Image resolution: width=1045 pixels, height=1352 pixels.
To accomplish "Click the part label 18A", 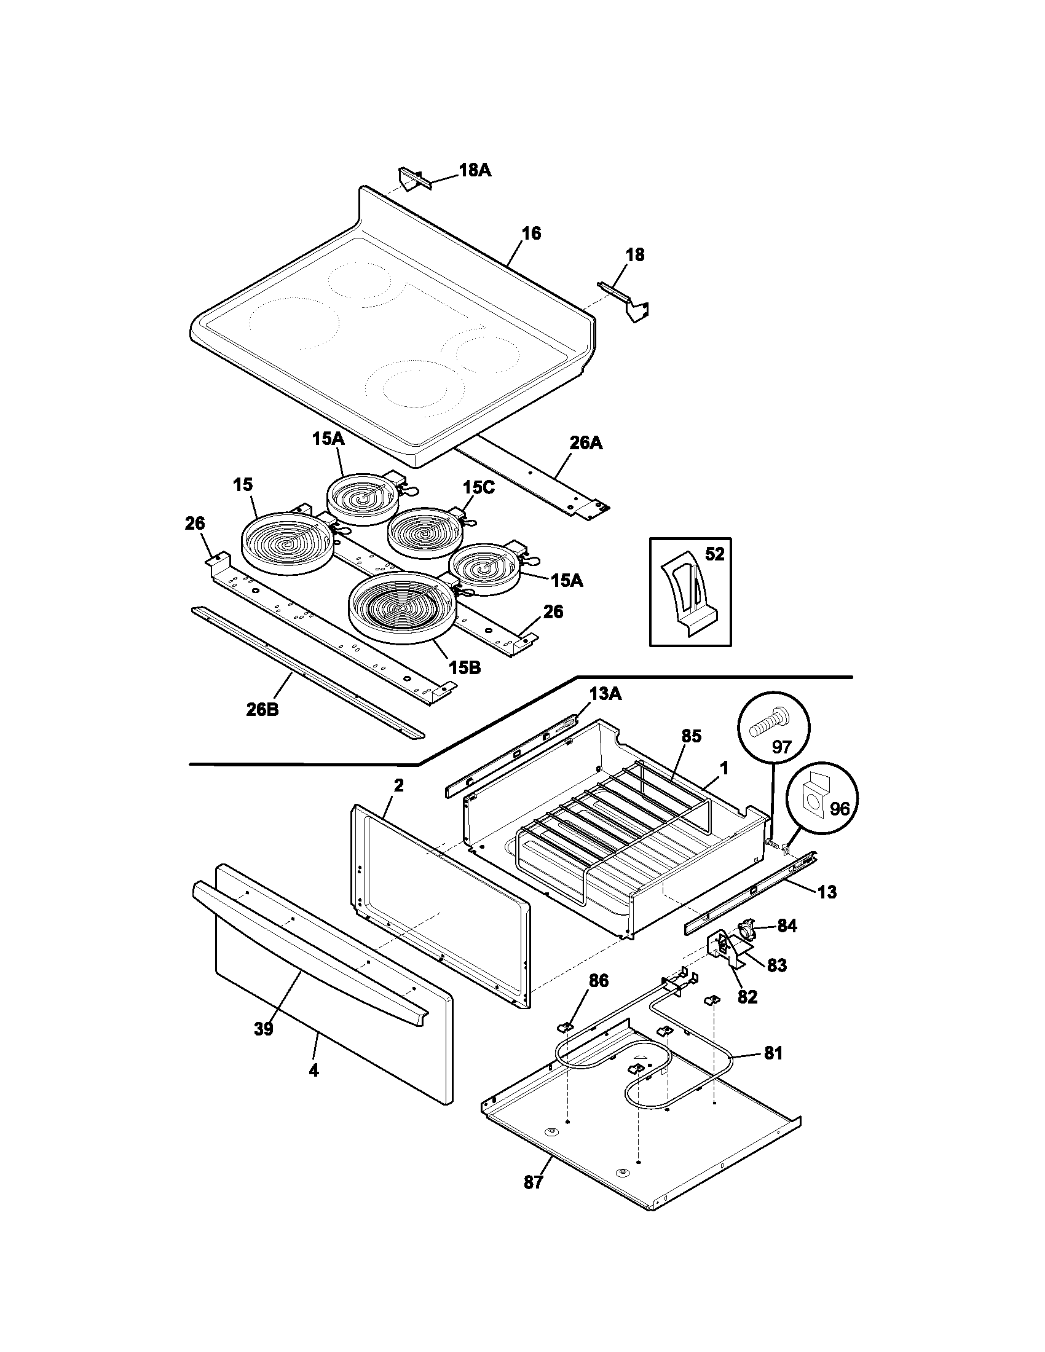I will pos(475,170).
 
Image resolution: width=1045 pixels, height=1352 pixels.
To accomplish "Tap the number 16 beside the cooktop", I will pos(530,234).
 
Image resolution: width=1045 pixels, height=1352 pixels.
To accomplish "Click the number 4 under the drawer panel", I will pos(314,1071).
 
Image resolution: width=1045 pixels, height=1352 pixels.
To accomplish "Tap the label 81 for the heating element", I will pos(773,1053).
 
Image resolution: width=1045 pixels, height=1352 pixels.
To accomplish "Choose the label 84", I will pos(787,943).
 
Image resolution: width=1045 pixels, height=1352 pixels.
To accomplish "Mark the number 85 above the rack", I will pos(691,736).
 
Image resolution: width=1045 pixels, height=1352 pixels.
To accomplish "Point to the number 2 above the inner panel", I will pos(399,785).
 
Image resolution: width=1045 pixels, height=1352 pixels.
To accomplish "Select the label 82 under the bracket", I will pos(747,998).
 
